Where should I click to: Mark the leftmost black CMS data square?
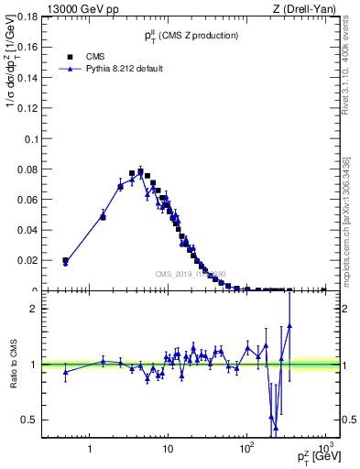click(65, 260)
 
